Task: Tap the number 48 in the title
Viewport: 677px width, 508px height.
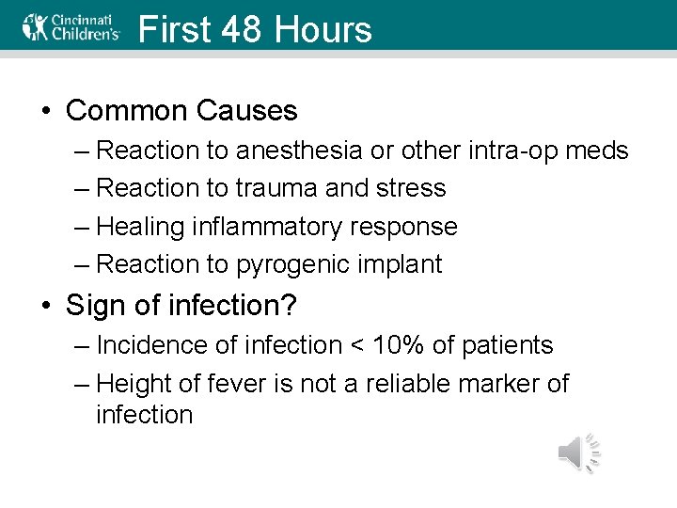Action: (244, 30)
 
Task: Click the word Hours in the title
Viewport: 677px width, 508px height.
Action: (323, 30)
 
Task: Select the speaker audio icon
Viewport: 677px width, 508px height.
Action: (578, 453)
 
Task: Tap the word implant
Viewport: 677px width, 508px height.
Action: (399, 265)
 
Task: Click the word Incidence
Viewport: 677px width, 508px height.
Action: (150, 345)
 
